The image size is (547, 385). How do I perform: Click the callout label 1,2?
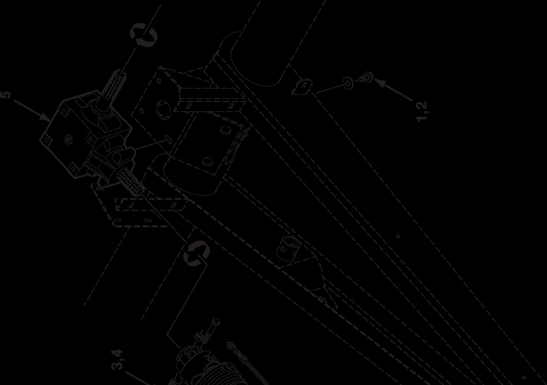[422, 111]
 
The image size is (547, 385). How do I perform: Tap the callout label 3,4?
[117, 360]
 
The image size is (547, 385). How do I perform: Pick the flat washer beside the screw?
[348, 82]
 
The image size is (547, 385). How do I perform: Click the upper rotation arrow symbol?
[143, 35]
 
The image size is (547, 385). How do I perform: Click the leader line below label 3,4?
[139, 378]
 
